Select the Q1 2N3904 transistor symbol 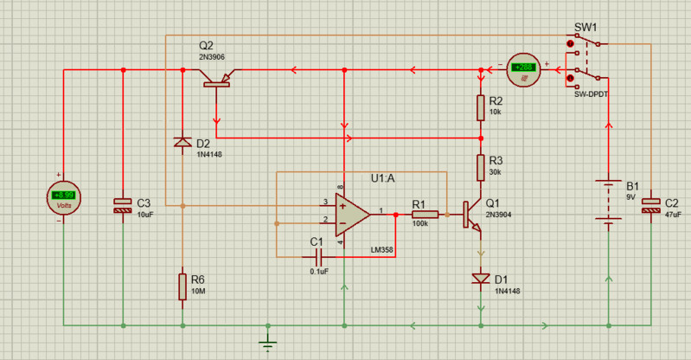[471, 215]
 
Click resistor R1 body [424, 214]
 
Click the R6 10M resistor [182, 286]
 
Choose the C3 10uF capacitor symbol [123, 206]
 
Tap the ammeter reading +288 [523, 68]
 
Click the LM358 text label [382, 250]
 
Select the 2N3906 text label [214, 57]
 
